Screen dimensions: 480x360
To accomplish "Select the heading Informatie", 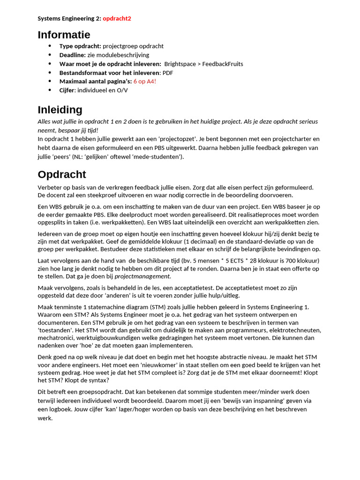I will coord(64,35).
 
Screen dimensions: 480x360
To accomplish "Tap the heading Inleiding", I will coord(60,110).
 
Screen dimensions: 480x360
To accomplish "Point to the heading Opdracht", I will coord(61,174).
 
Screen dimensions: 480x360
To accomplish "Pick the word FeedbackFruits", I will coord(223,64).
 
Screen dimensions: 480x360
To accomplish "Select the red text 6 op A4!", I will coord(144,81).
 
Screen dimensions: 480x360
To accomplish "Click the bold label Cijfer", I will coord(67,90).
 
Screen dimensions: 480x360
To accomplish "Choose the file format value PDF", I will coord(168,73).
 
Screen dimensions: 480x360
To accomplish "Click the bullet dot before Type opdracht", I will coord(50,46).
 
